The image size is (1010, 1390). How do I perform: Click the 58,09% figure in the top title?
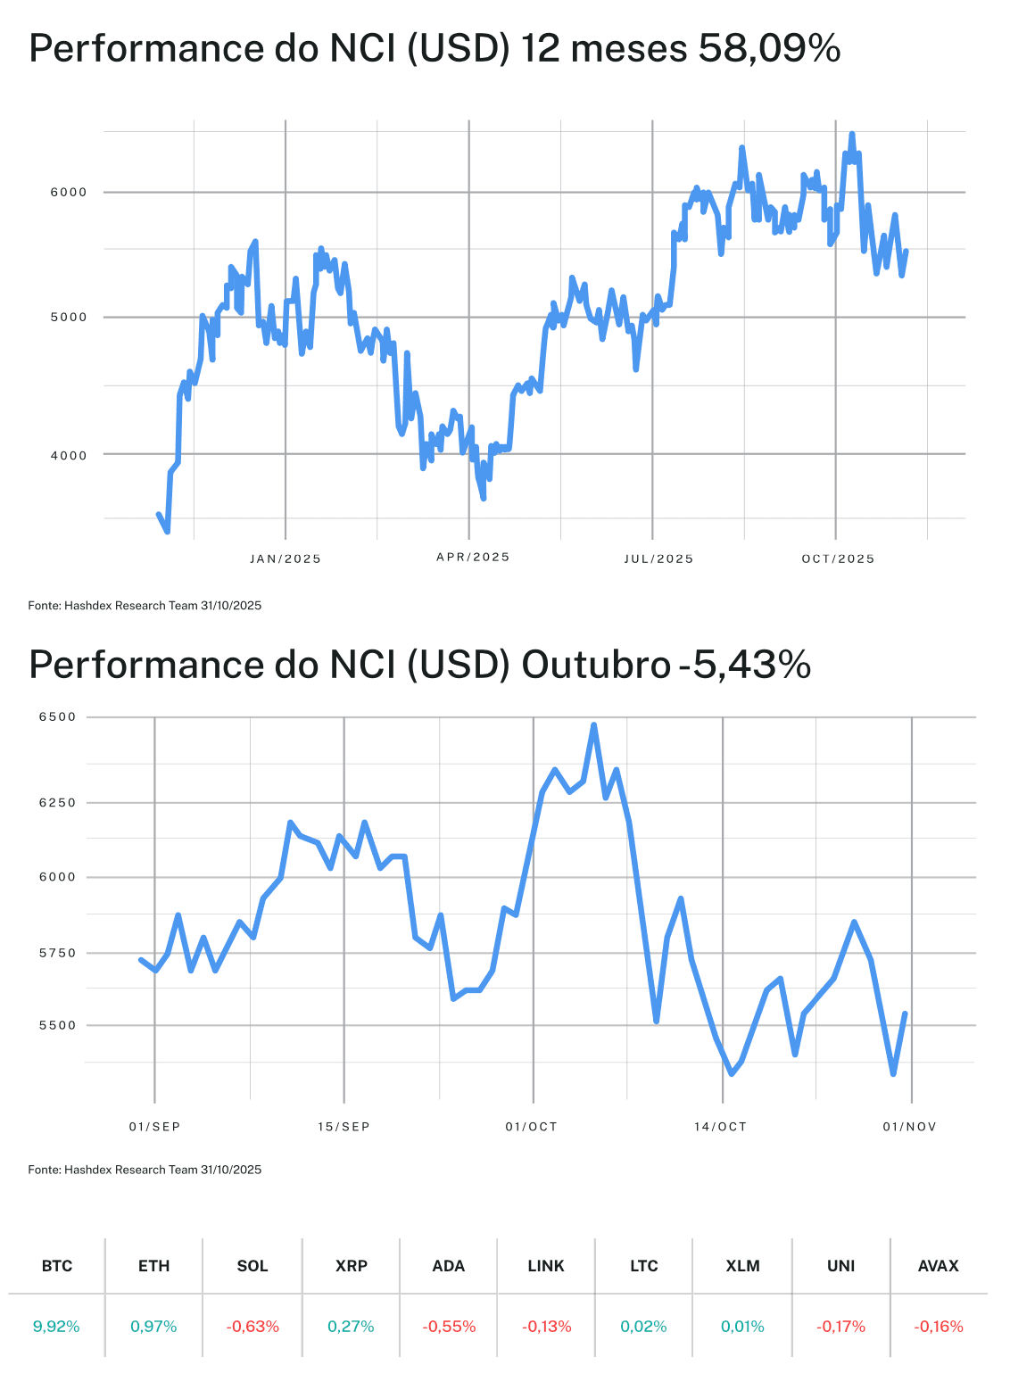769,48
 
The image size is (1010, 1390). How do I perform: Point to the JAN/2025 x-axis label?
286,559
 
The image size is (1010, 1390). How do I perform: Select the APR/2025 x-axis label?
473,558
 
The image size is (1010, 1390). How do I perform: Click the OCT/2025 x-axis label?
838,559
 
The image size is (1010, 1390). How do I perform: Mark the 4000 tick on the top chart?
69,456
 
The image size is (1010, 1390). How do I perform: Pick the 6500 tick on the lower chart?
57,717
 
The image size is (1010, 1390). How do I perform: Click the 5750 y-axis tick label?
57,954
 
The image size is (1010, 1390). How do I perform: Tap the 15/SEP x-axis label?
344,1127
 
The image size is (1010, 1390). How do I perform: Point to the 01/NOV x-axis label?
910,1127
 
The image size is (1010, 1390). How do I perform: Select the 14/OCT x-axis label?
720,1127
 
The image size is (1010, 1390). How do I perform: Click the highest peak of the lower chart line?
594,725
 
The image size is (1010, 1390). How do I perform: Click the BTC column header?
57,1266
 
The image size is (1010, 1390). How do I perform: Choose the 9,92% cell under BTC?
56,1327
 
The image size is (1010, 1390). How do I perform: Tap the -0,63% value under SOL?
252,1327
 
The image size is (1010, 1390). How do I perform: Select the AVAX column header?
939,1266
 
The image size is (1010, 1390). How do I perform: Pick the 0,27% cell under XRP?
351,1327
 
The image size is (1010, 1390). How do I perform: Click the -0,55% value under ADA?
449,1327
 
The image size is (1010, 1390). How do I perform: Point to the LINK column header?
546,1266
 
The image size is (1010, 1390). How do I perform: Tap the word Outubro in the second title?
596,665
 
